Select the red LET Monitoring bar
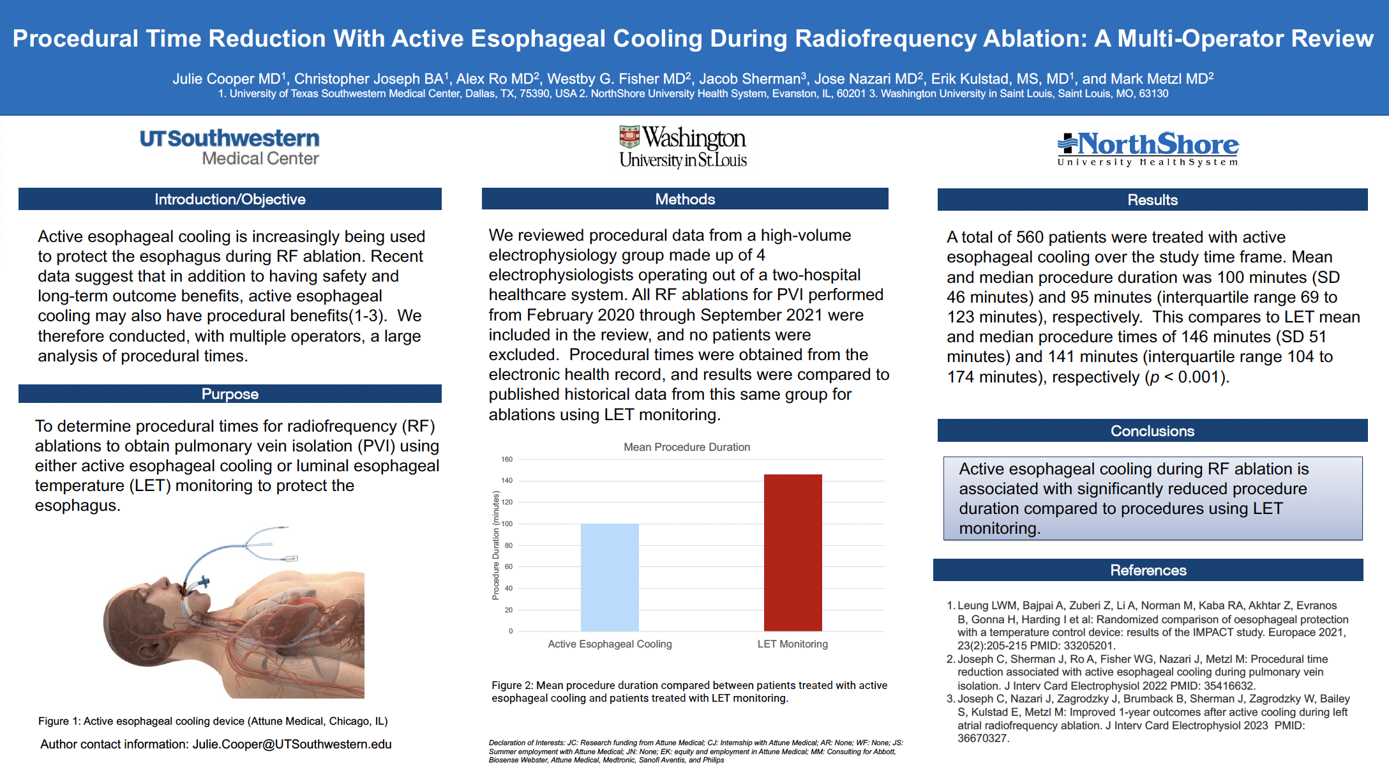click(x=793, y=552)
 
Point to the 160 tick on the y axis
click(x=507, y=459)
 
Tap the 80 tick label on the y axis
click(x=508, y=545)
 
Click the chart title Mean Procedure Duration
click(x=687, y=447)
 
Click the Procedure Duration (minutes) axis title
click(x=496, y=545)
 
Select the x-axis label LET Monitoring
click(x=792, y=644)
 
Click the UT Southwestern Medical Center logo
click(x=230, y=147)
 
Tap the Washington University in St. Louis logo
click(x=683, y=147)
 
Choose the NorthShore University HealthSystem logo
click(x=1148, y=149)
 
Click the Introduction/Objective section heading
click(x=230, y=199)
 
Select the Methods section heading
click(x=685, y=199)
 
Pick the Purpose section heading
click(x=230, y=394)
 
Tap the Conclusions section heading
click(x=1152, y=431)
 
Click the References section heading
click(x=1148, y=570)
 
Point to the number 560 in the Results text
click(x=1030, y=238)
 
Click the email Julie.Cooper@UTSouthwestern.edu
click(x=292, y=745)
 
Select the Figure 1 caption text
click(x=213, y=721)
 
